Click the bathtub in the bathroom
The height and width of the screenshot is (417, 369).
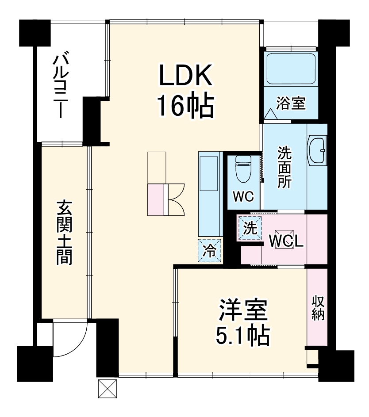291,69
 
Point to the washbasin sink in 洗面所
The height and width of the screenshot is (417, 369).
317,150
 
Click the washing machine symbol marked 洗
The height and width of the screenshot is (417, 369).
250,228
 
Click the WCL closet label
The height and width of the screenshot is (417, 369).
286,241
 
